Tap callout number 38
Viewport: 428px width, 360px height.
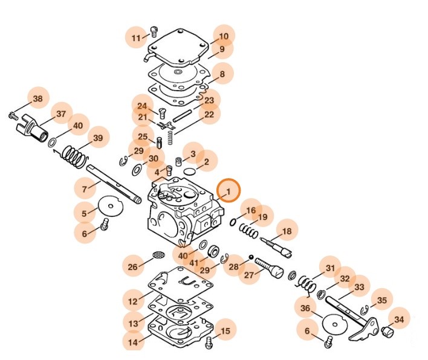click(x=37, y=98)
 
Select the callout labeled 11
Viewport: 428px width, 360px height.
click(x=137, y=38)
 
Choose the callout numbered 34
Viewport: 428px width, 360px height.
click(x=398, y=319)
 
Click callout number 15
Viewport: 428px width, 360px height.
click(x=225, y=331)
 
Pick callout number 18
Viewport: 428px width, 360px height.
click(x=287, y=231)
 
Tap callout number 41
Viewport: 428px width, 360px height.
click(x=193, y=263)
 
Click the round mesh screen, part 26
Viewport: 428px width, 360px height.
click(x=159, y=256)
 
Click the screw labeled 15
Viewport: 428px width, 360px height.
click(x=209, y=342)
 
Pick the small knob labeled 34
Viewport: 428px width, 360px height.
click(x=385, y=332)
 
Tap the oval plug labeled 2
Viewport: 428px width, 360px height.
click(x=189, y=172)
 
